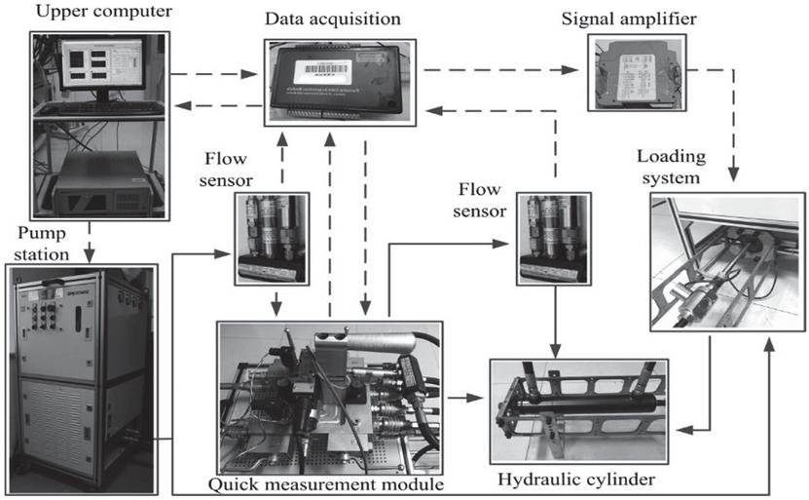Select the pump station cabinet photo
[81, 365]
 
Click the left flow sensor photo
[272, 240]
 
